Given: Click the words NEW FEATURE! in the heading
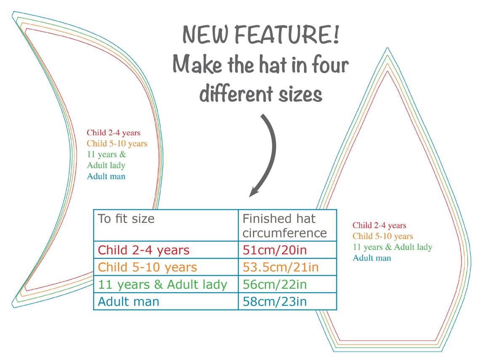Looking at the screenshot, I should point(261,35).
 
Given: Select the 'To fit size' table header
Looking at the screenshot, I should point(126,219).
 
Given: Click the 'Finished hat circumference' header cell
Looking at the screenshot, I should point(285,226).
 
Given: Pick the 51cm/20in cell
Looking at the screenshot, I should point(275,250).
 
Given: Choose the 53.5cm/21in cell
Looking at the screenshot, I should point(281,267).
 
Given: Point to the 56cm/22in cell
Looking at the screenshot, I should point(275,285).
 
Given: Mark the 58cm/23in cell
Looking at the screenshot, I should point(275,301).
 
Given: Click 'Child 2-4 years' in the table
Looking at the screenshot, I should point(144,250).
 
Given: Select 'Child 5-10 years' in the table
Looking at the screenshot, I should point(147,267).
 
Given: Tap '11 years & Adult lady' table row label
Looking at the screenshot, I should point(163,285).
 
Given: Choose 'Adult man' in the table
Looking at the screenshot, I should point(128,301).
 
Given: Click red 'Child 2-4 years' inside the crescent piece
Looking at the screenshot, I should point(114,133).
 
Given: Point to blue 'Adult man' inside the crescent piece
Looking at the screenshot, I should point(106,176).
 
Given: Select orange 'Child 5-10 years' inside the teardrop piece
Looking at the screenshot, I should point(383,236).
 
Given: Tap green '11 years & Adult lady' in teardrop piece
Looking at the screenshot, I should point(392,247).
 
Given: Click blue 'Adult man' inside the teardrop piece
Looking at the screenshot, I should point(372,258).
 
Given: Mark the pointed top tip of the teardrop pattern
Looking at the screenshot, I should point(387,49).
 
